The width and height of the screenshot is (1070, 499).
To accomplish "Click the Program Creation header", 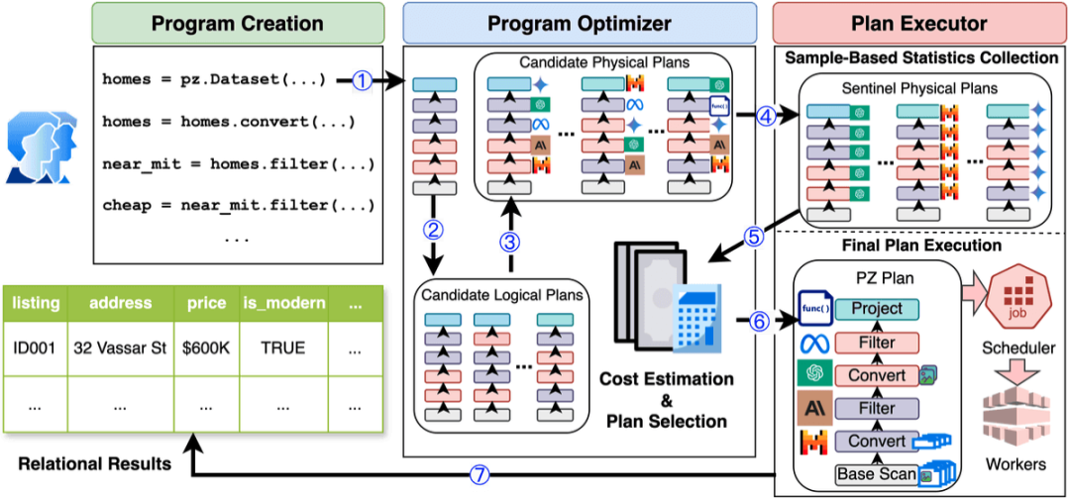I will [x=237, y=22].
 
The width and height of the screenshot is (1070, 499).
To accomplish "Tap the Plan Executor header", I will [x=919, y=22].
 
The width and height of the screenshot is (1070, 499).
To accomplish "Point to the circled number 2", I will [x=433, y=231].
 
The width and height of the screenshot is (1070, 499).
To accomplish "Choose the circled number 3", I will [x=510, y=241].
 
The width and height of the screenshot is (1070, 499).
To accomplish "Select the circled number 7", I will [x=480, y=474].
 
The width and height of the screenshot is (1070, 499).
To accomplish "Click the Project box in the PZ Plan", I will [x=877, y=309].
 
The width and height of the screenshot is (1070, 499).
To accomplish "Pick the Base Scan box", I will [x=877, y=474].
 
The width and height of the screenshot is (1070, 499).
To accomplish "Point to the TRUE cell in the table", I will [x=284, y=349].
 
